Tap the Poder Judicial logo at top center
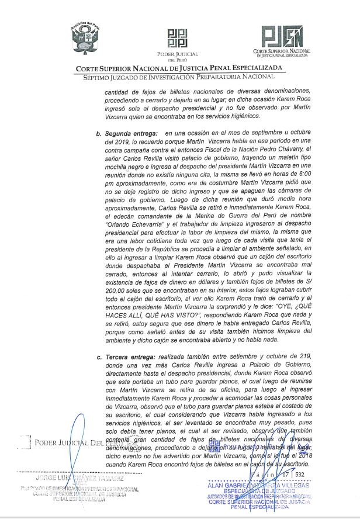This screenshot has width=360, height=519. (x=177, y=38)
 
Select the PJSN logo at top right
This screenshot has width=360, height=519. (x=282, y=37)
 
